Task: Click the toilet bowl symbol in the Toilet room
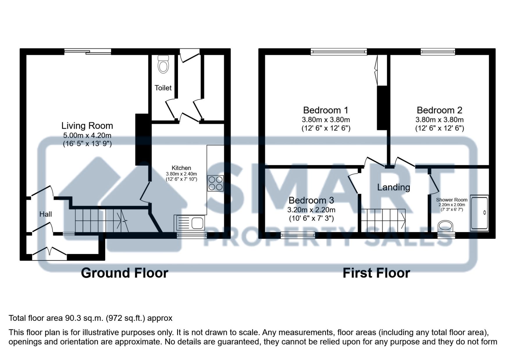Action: tap(163, 64)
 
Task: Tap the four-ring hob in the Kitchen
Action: tap(215, 183)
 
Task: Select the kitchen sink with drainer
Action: tap(189, 223)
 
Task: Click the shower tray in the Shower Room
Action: tap(479, 214)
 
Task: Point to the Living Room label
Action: tap(87, 126)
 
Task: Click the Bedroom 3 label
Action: tap(311, 200)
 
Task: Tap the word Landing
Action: tap(393, 187)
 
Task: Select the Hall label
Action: tap(46, 214)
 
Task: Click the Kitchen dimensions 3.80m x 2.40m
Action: tap(181, 174)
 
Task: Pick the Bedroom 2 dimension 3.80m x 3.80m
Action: tap(439, 120)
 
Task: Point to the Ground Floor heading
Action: tap(124, 273)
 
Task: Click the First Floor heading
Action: tap(376, 273)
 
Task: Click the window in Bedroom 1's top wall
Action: tap(339, 52)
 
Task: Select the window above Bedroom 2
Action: tap(438, 52)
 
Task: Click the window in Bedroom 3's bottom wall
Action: tap(298, 235)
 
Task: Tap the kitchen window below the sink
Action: tap(192, 235)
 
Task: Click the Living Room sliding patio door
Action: tap(88, 52)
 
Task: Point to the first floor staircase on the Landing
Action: tap(383, 220)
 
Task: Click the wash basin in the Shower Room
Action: tap(446, 226)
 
